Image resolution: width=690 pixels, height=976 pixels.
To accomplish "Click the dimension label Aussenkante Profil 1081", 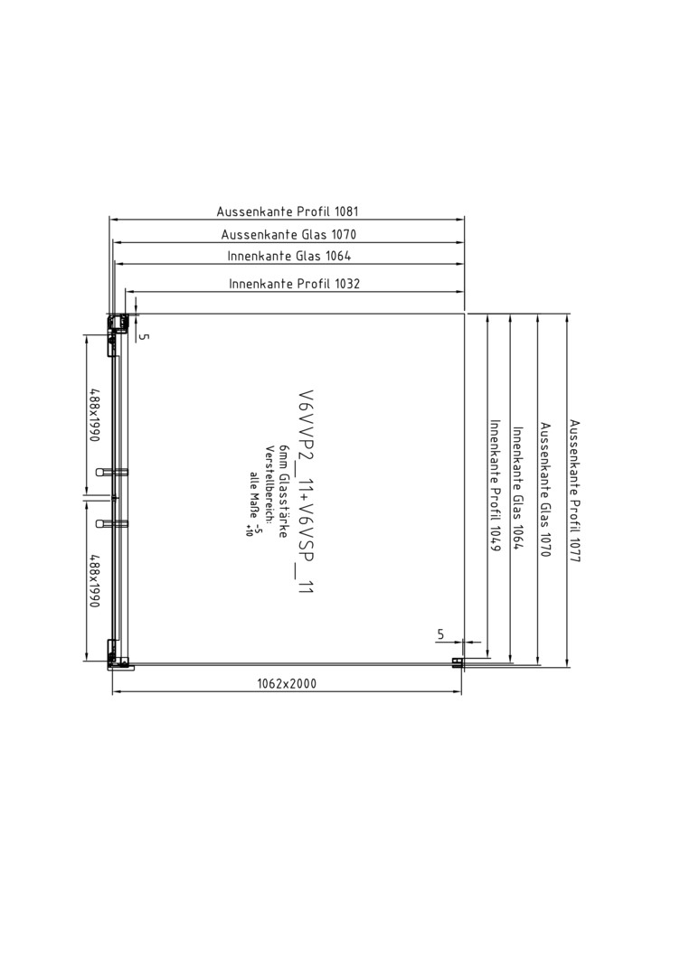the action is pyautogui.click(x=287, y=211).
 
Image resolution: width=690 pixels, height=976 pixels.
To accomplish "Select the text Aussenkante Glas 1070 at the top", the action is pyautogui.click(x=288, y=235).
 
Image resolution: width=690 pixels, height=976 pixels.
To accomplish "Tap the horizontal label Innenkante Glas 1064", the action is pyautogui.click(x=289, y=256).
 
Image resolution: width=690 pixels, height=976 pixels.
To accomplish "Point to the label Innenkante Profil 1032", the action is pyautogui.click(x=294, y=284).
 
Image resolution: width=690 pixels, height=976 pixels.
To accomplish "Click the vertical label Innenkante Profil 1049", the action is pyautogui.click(x=495, y=485).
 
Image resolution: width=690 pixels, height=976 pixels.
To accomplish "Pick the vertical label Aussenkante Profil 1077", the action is pyautogui.click(x=574, y=491).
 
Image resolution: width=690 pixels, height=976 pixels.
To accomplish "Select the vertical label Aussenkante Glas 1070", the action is pyautogui.click(x=545, y=489).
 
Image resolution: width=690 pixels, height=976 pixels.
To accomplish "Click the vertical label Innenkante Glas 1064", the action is pyautogui.click(x=517, y=488).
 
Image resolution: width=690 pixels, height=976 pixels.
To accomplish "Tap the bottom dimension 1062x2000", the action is pyautogui.click(x=287, y=683).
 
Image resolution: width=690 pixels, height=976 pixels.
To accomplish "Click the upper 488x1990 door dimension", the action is pyautogui.click(x=94, y=415).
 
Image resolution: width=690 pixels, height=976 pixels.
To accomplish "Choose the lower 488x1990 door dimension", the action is pyautogui.click(x=94, y=581).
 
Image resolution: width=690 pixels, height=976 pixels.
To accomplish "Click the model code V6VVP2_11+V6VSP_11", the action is pyautogui.click(x=305, y=492).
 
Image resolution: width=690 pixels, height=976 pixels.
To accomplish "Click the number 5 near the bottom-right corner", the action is pyautogui.click(x=441, y=634).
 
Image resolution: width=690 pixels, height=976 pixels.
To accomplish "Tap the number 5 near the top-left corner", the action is pyautogui.click(x=144, y=337).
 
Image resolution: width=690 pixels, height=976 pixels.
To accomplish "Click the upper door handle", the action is pyautogui.click(x=111, y=472).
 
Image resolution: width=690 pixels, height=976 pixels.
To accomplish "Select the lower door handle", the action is pyautogui.click(x=111, y=523).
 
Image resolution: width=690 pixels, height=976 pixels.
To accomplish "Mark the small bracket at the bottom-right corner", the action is pyautogui.click(x=458, y=663).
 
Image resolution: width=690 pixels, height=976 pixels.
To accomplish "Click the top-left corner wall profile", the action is pyautogui.click(x=118, y=325).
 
